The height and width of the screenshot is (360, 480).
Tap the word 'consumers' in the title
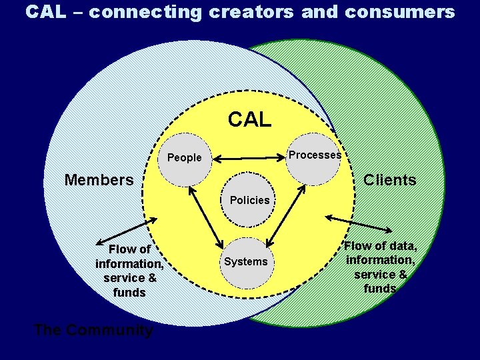[400, 12]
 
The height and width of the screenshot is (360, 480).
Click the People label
[184, 158]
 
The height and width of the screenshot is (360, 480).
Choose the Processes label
[314, 155]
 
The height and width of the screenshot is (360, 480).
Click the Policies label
[249, 200]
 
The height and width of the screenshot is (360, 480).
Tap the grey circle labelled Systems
[245, 262]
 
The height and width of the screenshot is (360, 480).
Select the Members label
[99, 180]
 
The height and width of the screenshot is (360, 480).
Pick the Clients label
[389, 180]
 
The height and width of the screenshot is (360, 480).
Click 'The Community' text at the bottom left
[93, 330]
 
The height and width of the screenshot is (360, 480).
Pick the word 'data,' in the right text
[401, 245]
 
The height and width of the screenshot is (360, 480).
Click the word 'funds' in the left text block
[129, 293]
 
